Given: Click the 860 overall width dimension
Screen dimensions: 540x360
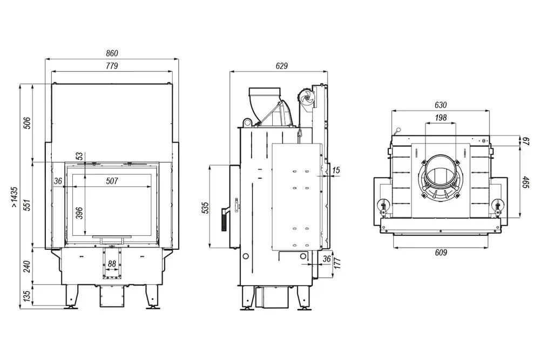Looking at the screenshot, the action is pyautogui.click(x=112, y=53).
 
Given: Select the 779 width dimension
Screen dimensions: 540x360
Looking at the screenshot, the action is pyautogui.click(x=112, y=66).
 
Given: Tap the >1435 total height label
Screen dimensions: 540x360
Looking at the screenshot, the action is pyautogui.click(x=14, y=197).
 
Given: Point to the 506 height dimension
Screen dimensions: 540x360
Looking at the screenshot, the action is pyautogui.click(x=27, y=123).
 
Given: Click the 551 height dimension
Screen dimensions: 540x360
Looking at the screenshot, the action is pyautogui.click(x=27, y=205).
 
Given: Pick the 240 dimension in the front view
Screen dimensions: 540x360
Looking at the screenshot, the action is pyautogui.click(x=27, y=267).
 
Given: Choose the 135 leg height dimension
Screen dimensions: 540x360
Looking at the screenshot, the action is pyautogui.click(x=27, y=295).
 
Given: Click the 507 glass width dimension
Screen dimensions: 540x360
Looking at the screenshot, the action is pyautogui.click(x=112, y=181).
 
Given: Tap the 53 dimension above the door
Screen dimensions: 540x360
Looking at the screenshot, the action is pyautogui.click(x=80, y=157).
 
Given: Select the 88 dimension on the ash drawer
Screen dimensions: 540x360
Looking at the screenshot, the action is pyautogui.click(x=112, y=263).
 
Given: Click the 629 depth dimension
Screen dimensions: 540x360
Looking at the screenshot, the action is pyautogui.click(x=282, y=66).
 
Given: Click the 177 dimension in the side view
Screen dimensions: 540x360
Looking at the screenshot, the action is pyautogui.click(x=337, y=263).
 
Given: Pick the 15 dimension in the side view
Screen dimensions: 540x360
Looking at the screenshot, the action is pyautogui.click(x=336, y=170).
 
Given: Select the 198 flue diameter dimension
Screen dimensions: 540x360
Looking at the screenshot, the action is pyautogui.click(x=441, y=118).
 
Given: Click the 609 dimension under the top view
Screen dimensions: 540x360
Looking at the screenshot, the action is pyautogui.click(x=441, y=253).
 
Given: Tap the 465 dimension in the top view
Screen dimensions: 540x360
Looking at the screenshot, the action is pyautogui.click(x=525, y=182).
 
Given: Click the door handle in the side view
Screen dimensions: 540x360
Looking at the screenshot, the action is pyautogui.click(x=224, y=219).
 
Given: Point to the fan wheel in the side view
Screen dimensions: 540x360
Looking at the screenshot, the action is pyautogui.click(x=307, y=98).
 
